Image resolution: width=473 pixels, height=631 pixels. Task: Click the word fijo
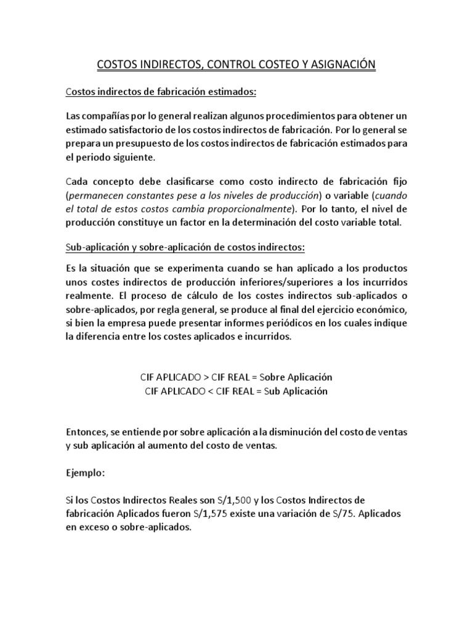(x=398, y=182)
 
